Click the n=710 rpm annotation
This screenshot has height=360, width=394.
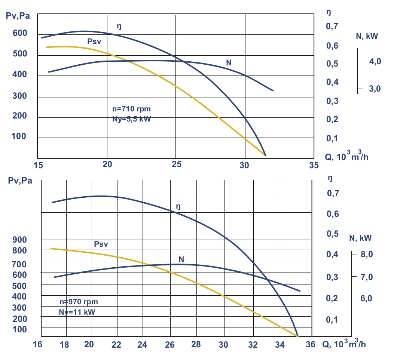point(132,109)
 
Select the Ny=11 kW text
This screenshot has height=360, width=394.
point(77,312)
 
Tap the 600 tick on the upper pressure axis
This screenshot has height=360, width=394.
point(19,33)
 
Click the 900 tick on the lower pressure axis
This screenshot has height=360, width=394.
point(19,240)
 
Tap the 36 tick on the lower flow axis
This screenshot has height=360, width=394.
point(310,344)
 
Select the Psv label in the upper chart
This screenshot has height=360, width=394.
point(95,41)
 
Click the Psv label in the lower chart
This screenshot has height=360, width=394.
point(101,244)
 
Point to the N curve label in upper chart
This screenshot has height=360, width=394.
point(229,62)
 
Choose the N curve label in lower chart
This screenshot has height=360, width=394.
point(181,259)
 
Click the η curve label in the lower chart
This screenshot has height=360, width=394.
point(178,206)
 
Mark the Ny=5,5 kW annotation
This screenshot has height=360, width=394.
point(132,120)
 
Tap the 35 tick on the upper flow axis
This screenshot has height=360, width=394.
point(314,164)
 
